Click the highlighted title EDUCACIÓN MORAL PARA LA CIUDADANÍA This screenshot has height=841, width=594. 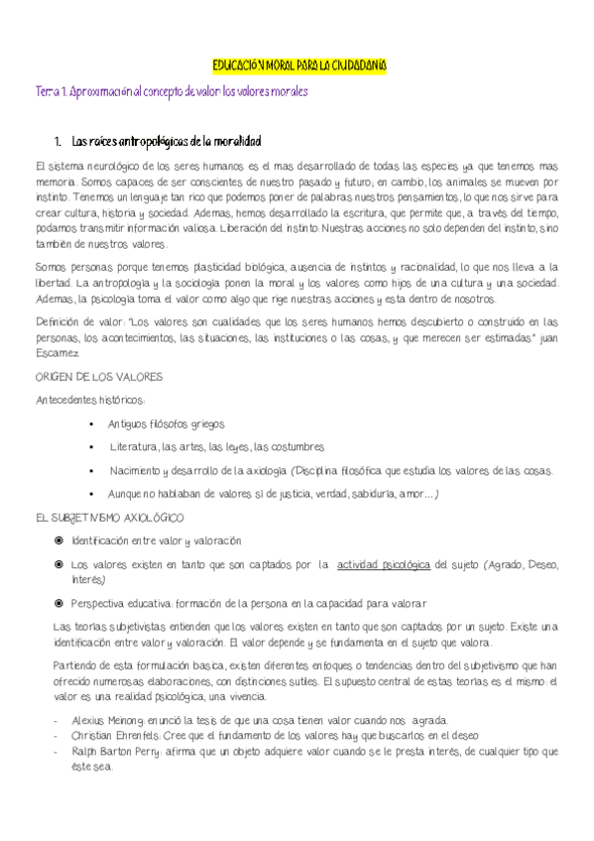click(298, 65)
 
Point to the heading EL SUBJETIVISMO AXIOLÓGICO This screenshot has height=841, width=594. click(108, 518)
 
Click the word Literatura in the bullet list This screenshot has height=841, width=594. click(135, 447)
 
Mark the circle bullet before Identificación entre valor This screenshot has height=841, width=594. click(59, 541)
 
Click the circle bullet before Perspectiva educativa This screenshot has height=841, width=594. click(59, 603)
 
